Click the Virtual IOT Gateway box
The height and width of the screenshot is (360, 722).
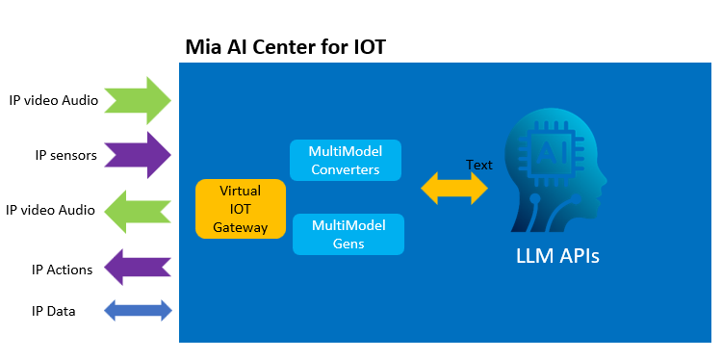click(241, 209)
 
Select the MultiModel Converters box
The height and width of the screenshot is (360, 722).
click(346, 160)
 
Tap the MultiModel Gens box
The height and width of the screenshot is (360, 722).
click(348, 234)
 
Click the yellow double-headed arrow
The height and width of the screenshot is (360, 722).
click(454, 188)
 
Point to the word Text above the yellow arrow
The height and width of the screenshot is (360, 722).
click(478, 165)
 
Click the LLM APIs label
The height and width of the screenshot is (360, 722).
click(557, 256)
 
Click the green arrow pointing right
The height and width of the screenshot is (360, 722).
click(138, 100)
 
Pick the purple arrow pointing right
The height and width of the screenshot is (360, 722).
click(138, 155)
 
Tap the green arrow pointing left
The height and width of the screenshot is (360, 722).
click(138, 212)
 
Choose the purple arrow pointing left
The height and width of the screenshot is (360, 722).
click(138, 267)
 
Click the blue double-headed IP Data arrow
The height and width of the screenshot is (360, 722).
click(138, 311)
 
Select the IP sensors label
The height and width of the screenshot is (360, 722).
click(66, 156)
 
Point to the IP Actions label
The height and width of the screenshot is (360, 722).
click(63, 270)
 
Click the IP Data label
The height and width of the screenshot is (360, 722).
click(53, 312)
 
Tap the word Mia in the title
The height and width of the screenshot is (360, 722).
click(203, 47)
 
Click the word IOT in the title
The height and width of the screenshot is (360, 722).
click(369, 47)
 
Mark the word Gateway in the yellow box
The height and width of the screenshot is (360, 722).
click(241, 227)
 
